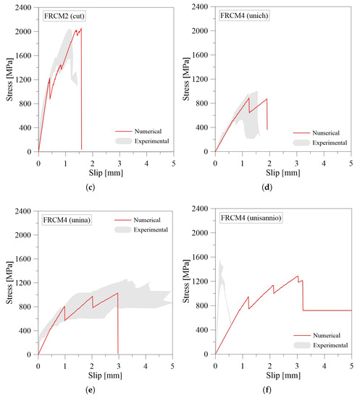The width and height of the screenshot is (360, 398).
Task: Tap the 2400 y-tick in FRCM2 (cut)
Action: click(24, 8)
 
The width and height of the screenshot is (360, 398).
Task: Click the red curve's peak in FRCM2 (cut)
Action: click(81, 29)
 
